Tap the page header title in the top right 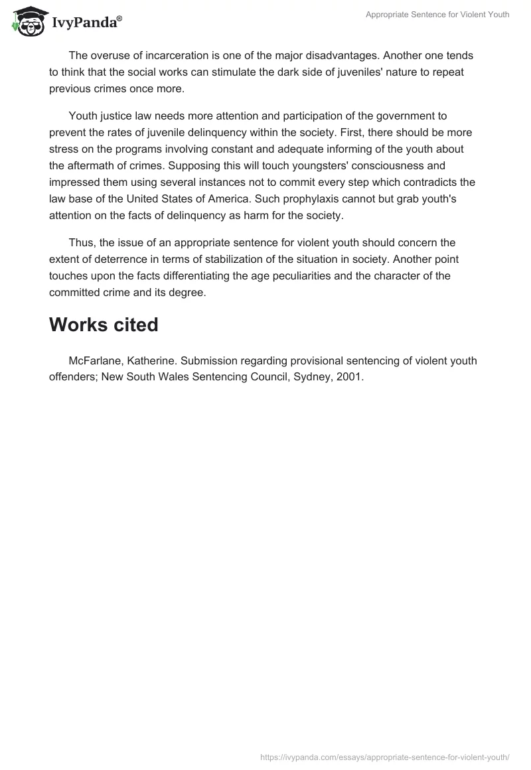click(x=437, y=15)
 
